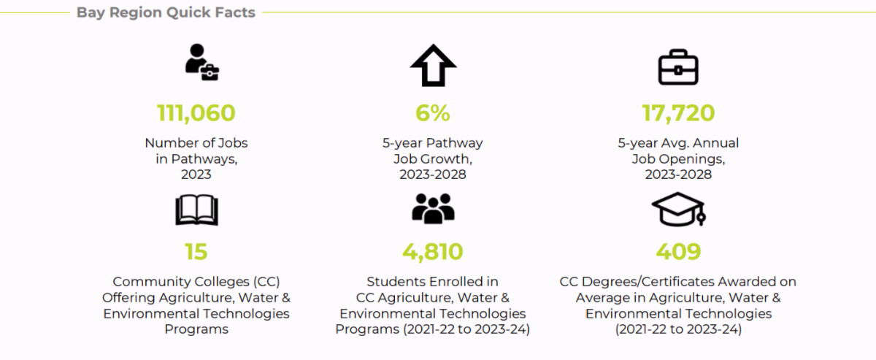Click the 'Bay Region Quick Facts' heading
pos(166,12)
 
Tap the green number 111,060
pos(196,113)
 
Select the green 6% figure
pos(432,113)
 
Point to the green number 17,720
pos(678,113)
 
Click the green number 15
pos(196,252)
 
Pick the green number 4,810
pos(432,252)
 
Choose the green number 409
pos(678,252)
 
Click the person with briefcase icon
pos(201,62)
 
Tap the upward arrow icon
pos(433,65)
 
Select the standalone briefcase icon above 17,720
pos(678,67)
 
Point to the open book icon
pos(196,210)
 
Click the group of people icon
pos(433,209)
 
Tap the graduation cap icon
pos(678,209)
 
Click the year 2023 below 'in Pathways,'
pos(196,175)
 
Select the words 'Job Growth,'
pos(432,159)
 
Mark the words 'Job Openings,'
pos(678,159)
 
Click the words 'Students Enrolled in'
pos(432,282)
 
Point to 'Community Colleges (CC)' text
pos(196,282)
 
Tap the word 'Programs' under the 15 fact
pos(196,329)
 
